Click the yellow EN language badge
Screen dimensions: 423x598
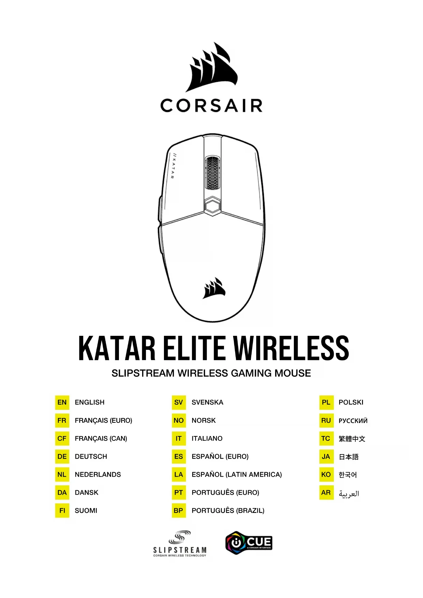[62, 402]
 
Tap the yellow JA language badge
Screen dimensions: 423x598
[326, 457]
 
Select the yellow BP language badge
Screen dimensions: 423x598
[179, 510]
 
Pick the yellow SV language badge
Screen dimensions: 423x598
[179, 402]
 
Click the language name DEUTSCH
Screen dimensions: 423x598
[91, 457]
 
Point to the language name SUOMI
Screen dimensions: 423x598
[86, 510]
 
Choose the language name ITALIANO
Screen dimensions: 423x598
[207, 438]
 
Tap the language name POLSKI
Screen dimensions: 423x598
[351, 402]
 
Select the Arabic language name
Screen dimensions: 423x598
[349, 493]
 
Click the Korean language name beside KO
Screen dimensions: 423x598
[348, 475]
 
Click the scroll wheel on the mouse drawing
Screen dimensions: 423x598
[212, 173]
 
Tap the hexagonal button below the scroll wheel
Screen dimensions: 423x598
[213, 206]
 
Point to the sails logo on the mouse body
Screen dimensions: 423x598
[214, 288]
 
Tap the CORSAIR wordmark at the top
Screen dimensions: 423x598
[211, 106]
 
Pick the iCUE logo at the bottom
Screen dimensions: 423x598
[249, 542]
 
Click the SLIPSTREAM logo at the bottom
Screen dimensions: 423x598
[180, 543]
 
